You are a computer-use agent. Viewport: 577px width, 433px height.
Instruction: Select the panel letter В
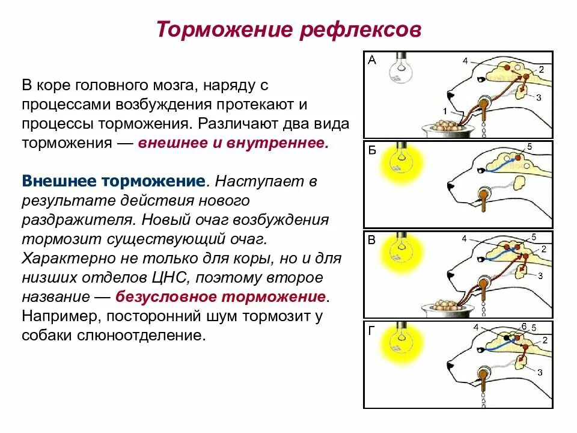pos(371,240)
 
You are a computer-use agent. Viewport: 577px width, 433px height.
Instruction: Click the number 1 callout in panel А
pos(445,111)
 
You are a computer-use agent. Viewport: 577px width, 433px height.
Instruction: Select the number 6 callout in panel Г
pos(524,326)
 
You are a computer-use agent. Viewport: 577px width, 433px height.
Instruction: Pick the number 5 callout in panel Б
pos(530,147)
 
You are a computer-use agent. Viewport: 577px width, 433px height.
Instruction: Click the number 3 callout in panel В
pos(540,276)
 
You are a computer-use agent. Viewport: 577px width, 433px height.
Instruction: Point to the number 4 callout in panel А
pos(465,60)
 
